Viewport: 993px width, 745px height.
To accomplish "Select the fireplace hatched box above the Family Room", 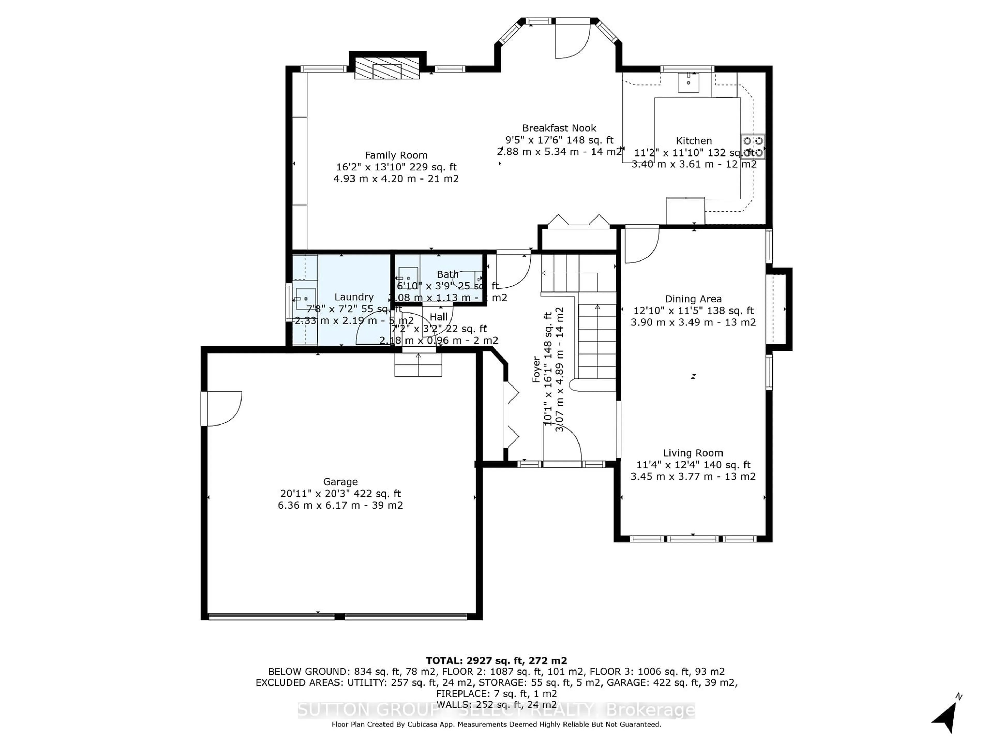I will pos(387,68).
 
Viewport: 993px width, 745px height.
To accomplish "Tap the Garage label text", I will pos(340,482).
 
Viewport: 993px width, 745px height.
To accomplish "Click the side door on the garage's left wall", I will pos(222,408).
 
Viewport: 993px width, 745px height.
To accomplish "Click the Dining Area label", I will pos(693,299).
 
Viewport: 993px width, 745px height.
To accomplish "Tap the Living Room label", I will pos(693,453).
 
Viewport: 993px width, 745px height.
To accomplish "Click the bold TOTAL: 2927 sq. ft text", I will pos(496,661).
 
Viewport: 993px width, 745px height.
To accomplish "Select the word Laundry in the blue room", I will pos(354,297).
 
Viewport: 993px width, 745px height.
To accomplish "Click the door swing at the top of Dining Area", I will pos(641,245).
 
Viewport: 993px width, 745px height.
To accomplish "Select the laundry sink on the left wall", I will pos(305,299).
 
